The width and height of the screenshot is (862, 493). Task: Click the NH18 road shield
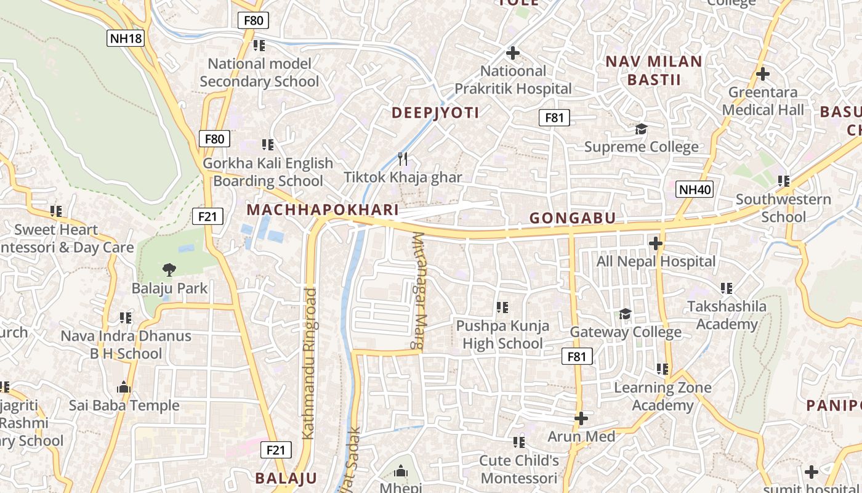126,39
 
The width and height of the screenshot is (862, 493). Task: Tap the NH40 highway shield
695,189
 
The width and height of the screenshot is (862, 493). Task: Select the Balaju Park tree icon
169,269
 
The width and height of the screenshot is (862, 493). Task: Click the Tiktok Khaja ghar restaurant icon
402,159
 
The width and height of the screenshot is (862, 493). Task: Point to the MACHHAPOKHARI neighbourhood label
323,210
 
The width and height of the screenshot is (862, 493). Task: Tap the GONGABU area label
573,218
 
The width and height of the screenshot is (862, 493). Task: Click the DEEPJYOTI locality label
435,113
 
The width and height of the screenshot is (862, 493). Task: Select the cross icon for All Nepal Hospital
656,243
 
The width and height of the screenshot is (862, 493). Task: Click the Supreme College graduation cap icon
642,129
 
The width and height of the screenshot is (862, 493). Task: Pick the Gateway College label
626,332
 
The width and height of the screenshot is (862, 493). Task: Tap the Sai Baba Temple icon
124,387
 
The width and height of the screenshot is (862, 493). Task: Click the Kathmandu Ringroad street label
310,364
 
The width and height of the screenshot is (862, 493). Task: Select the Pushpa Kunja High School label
502,335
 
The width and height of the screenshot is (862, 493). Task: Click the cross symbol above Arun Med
581,419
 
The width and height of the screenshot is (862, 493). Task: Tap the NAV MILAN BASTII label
654,70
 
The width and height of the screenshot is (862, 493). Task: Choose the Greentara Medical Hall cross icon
763,74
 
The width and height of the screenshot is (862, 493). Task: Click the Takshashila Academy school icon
727,288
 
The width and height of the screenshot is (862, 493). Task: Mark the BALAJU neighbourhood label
286,478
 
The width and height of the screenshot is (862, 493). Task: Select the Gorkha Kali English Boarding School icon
267,145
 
